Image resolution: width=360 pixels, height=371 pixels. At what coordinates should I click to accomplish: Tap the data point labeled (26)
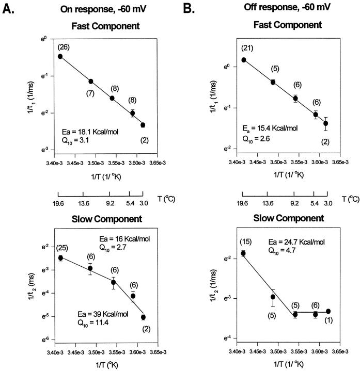click(60, 56)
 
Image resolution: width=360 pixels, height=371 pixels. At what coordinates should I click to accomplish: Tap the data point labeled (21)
click(243, 60)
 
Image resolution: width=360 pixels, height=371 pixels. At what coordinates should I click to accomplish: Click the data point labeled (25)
click(60, 257)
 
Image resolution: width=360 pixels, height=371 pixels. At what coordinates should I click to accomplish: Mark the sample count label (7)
click(90, 93)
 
